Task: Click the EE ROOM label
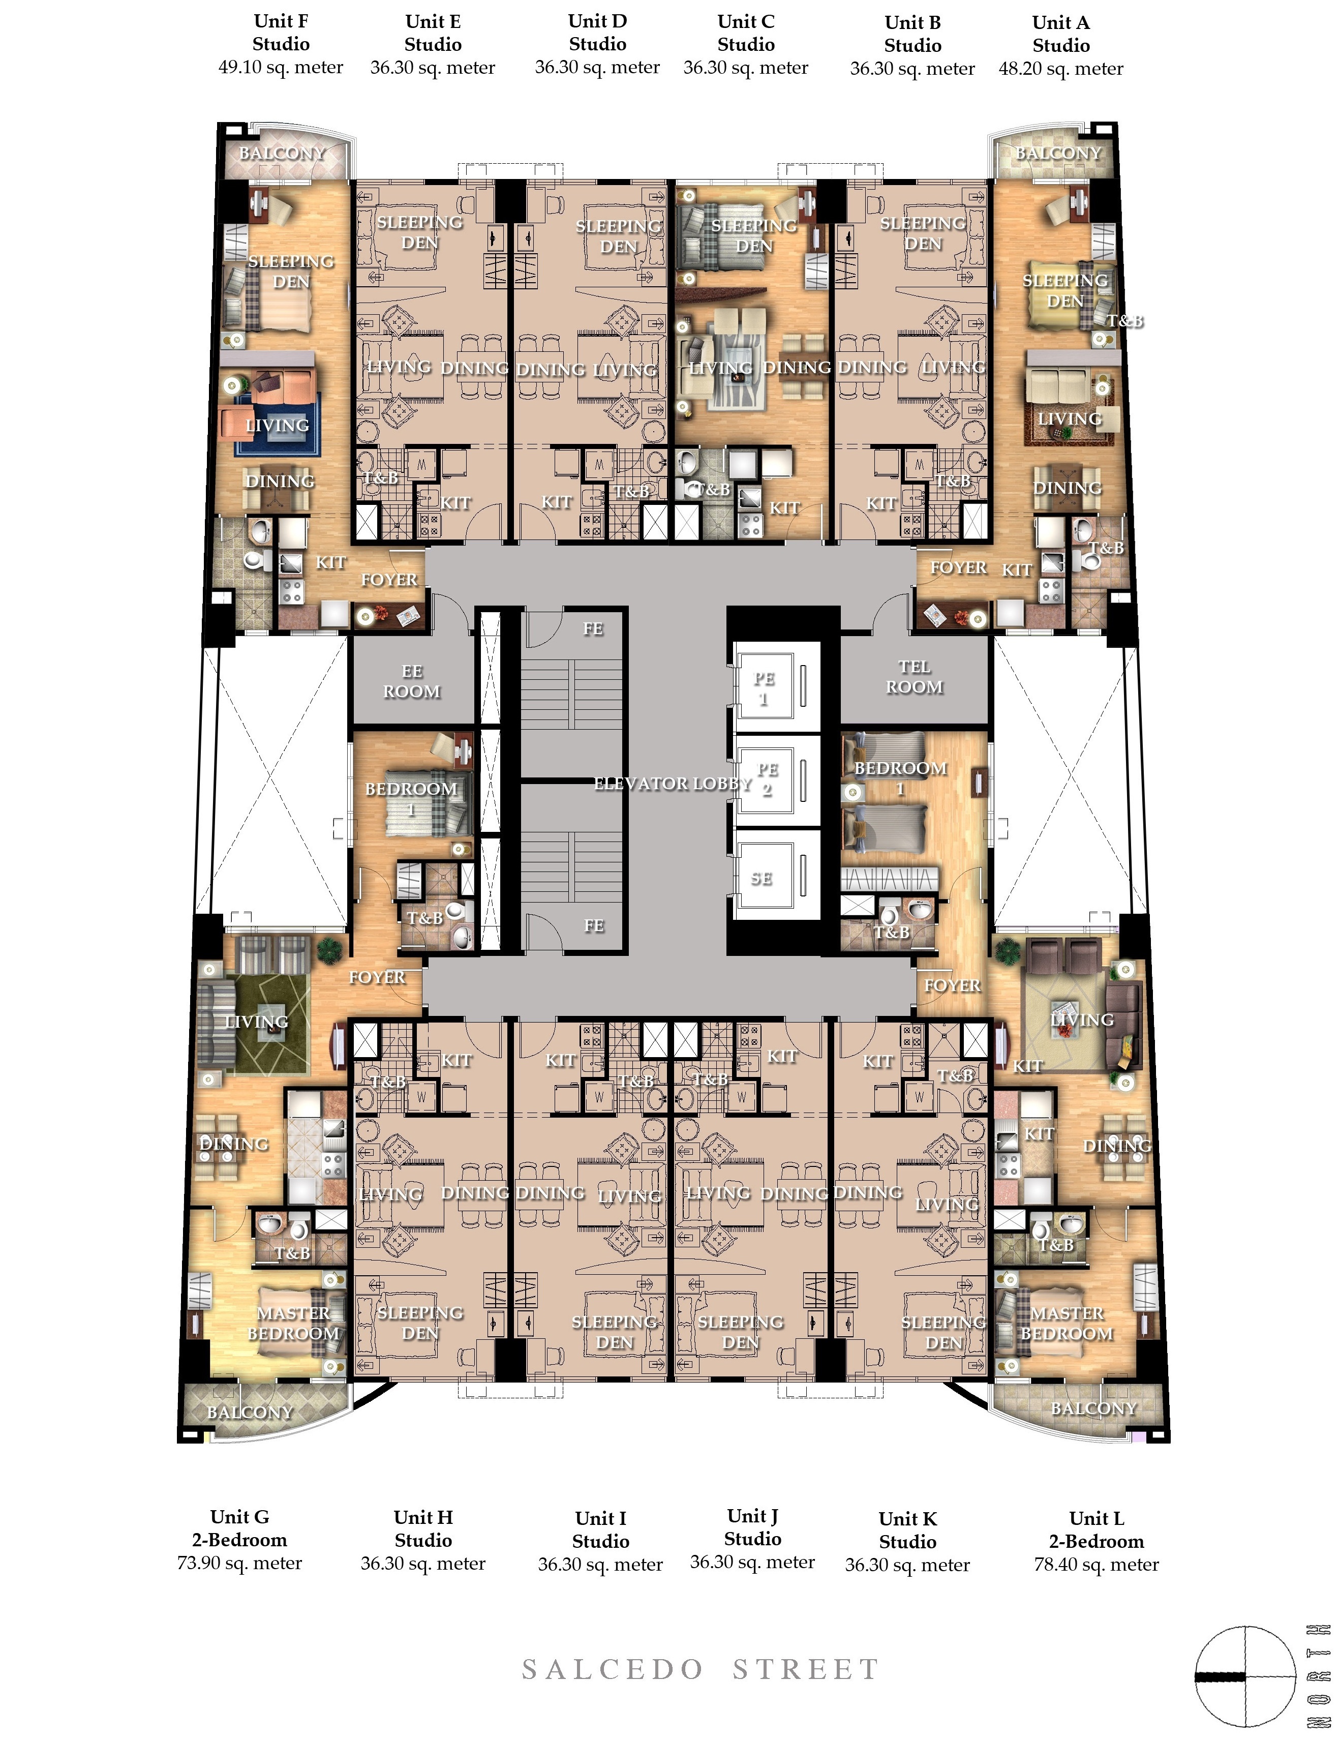(x=411, y=681)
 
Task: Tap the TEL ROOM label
(x=915, y=676)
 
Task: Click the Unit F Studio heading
(x=281, y=33)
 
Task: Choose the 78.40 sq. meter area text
(x=1096, y=1564)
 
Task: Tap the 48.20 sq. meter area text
(x=1061, y=69)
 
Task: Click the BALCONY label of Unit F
(x=282, y=153)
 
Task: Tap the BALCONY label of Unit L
(x=1093, y=1408)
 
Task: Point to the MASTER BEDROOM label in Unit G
(x=293, y=1323)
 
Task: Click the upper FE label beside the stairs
(x=593, y=628)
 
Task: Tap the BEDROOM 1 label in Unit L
(x=900, y=777)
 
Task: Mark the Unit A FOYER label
(x=958, y=567)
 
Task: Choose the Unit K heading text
(x=907, y=1518)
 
